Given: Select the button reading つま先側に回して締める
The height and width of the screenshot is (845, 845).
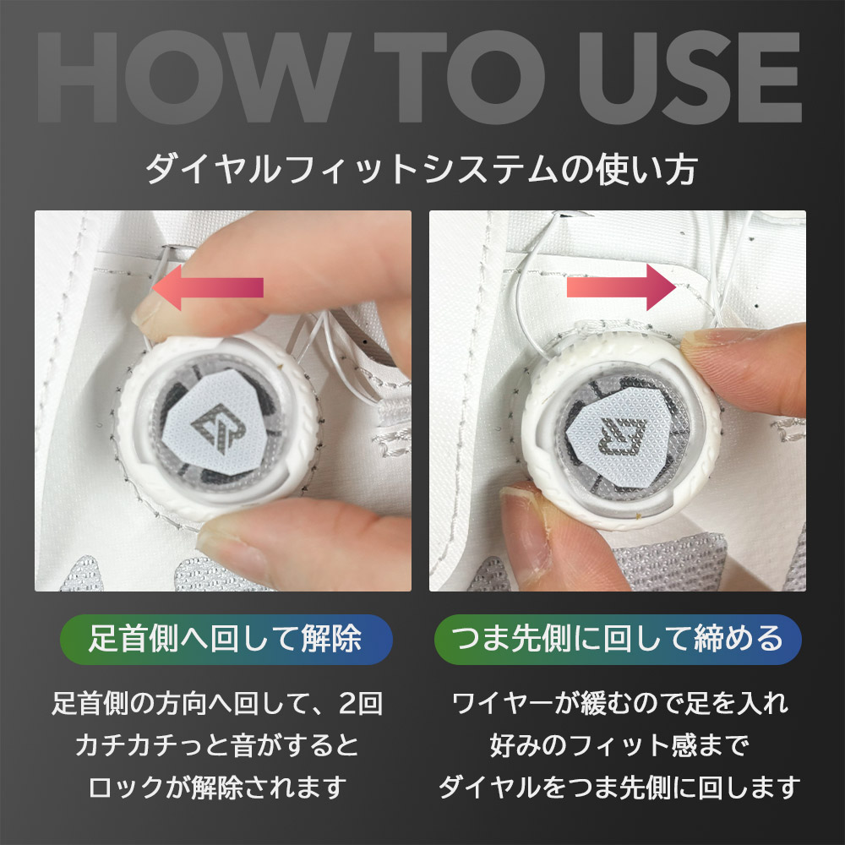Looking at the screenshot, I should (618, 639).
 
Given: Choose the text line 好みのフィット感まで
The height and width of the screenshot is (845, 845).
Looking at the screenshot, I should (618, 744).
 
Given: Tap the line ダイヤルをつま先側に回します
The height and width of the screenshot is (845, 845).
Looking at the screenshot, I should (618, 788).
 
